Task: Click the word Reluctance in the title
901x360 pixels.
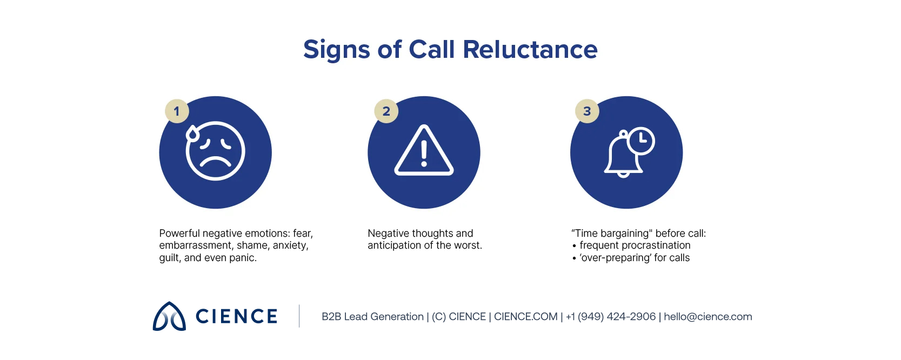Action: pos(530,50)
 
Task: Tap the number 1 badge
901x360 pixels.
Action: pos(177,111)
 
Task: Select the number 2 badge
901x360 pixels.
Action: pos(386,111)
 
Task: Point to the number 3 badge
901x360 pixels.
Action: pos(587,111)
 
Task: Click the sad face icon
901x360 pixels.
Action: pos(216,151)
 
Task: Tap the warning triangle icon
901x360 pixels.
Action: pos(424,151)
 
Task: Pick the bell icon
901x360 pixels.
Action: pos(623,157)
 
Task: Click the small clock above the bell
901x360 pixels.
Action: pos(641,141)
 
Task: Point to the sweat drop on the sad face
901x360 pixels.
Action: pos(192,134)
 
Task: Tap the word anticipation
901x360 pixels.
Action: pos(394,245)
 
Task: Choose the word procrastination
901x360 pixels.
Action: pos(656,245)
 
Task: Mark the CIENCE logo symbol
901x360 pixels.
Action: pos(169,316)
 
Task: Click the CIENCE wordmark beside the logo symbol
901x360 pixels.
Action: pos(236,316)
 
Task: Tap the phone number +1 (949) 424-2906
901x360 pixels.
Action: pos(611,317)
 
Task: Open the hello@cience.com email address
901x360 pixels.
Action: pos(708,317)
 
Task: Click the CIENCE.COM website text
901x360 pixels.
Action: pos(525,317)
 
